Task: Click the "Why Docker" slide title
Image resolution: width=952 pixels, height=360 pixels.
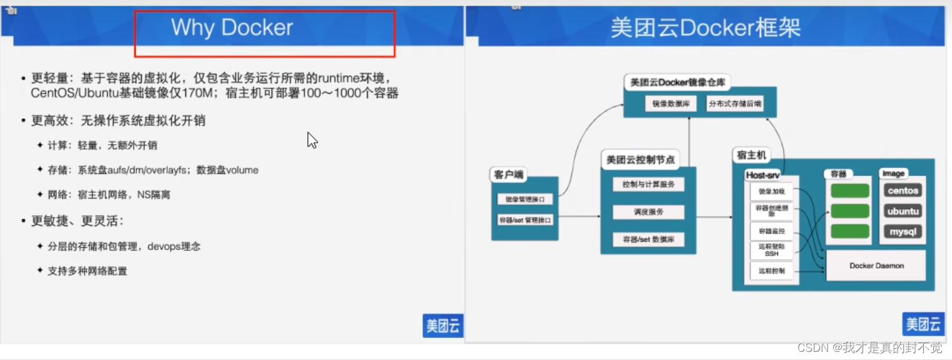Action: click(x=232, y=28)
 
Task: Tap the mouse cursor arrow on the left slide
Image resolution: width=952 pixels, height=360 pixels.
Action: click(x=312, y=140)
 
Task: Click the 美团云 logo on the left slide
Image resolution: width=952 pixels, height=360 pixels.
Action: click(x=443, y=326)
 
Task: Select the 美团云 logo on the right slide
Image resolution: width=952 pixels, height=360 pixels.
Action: click(x=923, y=324)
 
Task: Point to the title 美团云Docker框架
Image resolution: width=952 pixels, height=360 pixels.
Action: click(x=705, y=28)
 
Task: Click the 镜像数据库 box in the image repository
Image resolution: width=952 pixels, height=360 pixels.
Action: click(x=670, y=104)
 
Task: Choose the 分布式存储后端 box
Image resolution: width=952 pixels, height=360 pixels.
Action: click(x=735, y=104)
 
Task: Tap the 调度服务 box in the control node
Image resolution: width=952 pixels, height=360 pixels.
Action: click(x=648, y=212)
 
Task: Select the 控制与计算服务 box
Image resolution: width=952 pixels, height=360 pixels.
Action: click(x=648, y=185)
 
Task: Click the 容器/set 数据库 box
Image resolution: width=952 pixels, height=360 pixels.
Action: click(x=648, y=239)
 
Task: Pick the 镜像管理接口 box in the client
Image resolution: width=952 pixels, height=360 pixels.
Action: click(x=525, y=199)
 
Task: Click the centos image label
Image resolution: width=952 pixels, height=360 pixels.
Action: click(x=902, y=190)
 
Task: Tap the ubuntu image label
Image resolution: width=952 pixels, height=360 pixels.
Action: click(x=902, y=211)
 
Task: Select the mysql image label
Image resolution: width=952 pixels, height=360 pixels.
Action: click(x=902, y=232)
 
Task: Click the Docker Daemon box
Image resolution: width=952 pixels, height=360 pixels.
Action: click(x=876, y=265)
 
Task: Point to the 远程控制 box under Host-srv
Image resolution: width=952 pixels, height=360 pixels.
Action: click(x=771, y=271)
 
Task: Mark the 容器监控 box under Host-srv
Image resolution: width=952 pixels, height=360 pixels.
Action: click(x=771, y=230)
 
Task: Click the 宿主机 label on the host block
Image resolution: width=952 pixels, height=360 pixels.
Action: click(x=751, y=155)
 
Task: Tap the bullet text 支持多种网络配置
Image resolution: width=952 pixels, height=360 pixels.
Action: click(x=87, y=271)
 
